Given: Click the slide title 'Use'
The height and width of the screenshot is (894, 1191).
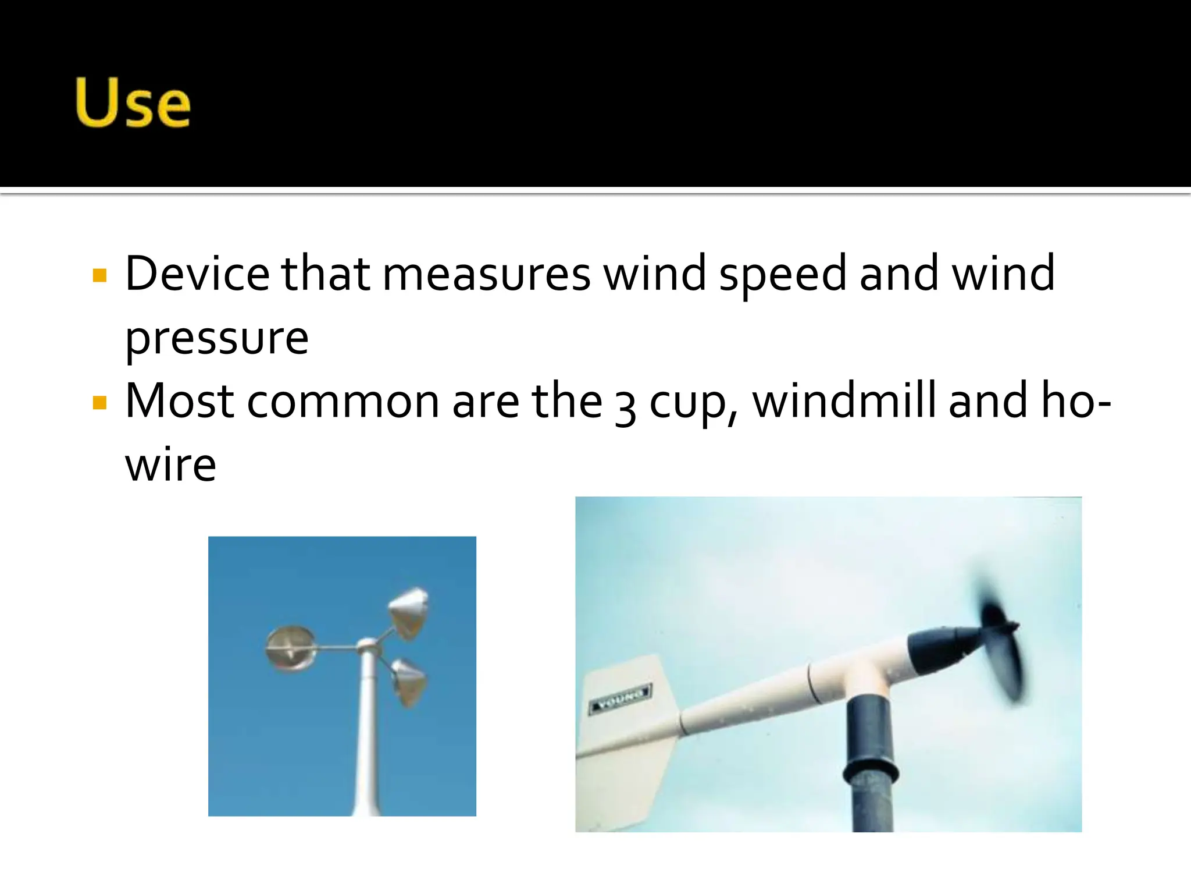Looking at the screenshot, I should click(x=133, y=103).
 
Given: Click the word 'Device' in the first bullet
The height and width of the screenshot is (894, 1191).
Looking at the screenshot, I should click(x=197, y=273).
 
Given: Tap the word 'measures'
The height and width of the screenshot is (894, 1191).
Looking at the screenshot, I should click(x=486, y=274).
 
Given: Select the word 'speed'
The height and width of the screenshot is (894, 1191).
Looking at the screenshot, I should click(x=782, y=274).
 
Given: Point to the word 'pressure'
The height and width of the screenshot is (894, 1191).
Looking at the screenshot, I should click(x=217, y=338).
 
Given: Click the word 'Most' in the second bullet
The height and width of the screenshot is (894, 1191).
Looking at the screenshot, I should click(x=179, y=401).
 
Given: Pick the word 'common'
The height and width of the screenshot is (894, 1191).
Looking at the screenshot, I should click(x=343, y=402).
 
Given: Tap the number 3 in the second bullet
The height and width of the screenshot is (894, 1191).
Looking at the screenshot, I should click(x=625, y=406).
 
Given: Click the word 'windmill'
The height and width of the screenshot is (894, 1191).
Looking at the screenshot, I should click(x=844, y=401).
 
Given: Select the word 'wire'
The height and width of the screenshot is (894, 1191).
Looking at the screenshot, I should click(x=171, y=465).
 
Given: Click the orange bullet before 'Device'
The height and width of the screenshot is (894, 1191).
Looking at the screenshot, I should click(x=100, y=275).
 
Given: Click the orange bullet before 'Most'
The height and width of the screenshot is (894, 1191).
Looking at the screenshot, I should click(x=100, y=403).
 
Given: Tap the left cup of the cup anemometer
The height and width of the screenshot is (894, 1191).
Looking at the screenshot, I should click(x=291, y=648).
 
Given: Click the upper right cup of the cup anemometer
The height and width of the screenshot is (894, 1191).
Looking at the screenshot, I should click(x=409, y=613).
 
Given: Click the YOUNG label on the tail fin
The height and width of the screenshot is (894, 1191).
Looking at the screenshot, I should click(x=620, y=697).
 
